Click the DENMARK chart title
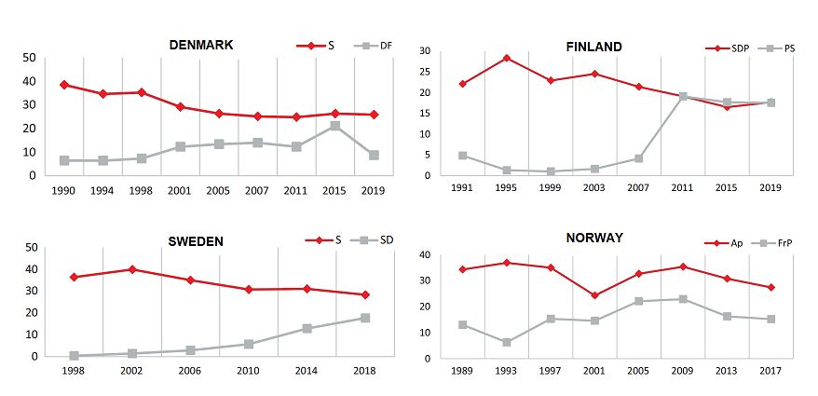201,45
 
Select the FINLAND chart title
593,47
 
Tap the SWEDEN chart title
196,241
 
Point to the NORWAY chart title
594,238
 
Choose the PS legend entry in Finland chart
789,48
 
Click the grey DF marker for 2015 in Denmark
334,126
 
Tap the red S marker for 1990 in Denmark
64,85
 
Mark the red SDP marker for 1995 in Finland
507,58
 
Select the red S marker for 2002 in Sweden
132,269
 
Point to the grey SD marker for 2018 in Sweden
365,318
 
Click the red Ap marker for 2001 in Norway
594,295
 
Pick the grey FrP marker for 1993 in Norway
506,342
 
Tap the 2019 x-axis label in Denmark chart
374,189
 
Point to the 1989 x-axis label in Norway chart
462,372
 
